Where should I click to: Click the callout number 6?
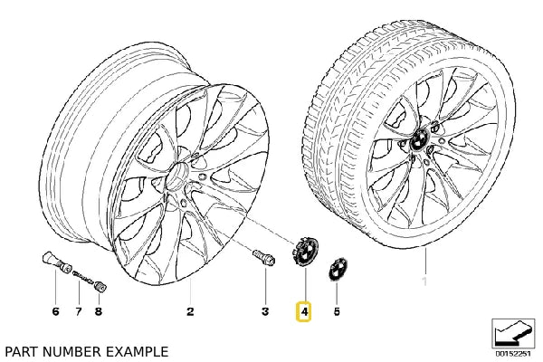55,312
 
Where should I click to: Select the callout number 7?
79,312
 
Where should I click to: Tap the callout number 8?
99,312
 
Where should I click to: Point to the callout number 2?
190,312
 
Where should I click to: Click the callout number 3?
265,312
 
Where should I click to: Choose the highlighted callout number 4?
305,312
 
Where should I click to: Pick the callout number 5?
337,312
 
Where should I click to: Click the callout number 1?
424,269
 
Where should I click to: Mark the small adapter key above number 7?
79,273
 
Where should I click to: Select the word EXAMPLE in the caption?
136,350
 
